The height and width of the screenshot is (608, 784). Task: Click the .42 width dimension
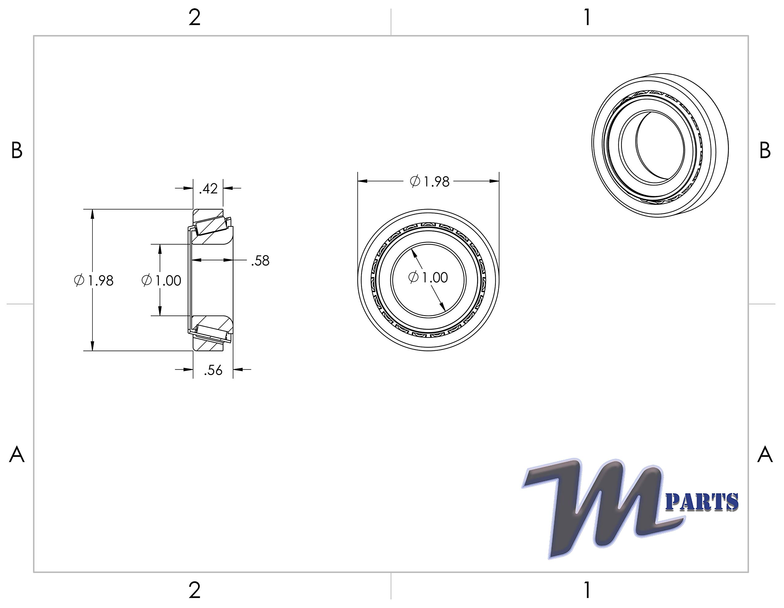click(x=209, y=189)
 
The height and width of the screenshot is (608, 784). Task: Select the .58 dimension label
click(x=260, y=261)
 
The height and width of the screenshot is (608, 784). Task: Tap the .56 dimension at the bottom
click(x=213, y=370)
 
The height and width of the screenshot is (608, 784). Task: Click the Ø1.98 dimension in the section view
click(x=94, y=281)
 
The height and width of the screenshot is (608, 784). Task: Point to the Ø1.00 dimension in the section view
click(x=161, y=280)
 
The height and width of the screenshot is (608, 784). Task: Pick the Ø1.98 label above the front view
click(x=430, y=182)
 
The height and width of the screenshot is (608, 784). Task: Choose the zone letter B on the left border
click(x=17, y=151)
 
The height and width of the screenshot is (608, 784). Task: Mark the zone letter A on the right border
click(x=765, y=455)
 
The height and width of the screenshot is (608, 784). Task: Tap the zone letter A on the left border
click(x=17, y=455)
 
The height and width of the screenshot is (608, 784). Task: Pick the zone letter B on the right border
click(x=765, y=151)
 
